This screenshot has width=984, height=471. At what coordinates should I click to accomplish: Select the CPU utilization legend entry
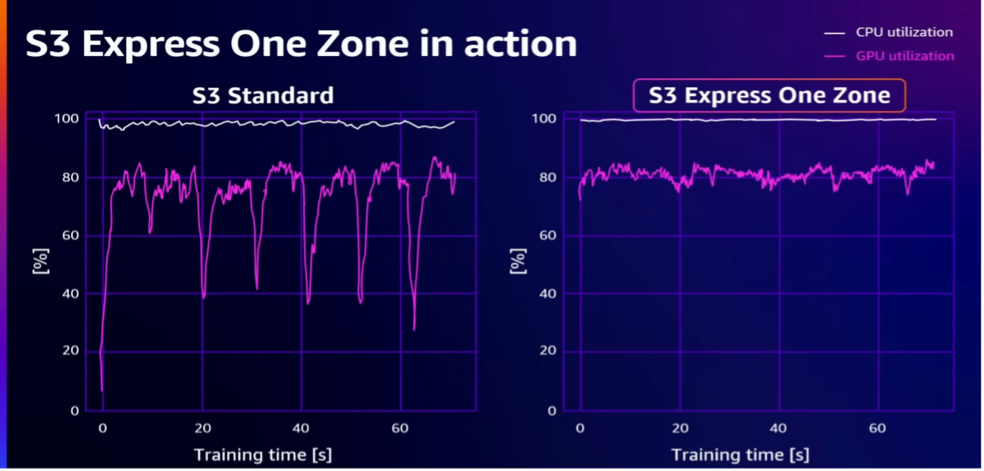click(x=888, y=32)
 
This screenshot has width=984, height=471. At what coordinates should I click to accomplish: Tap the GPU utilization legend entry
click(x=889, y=56)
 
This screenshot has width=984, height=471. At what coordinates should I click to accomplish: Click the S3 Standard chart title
click(x=263, y=95)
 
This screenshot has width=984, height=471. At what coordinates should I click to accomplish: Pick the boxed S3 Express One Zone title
click(x=769, y=95)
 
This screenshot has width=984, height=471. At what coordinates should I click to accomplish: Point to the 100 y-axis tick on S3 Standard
click(x=66, y=118)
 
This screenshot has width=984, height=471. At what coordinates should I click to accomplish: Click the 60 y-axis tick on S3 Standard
click(x=70, y=235)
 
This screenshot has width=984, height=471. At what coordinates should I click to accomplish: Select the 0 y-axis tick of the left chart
click(x=74, y=411)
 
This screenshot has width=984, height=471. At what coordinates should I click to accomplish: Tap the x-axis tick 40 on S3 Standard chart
click(x=301, y=428)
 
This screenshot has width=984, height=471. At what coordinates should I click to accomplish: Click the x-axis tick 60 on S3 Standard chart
click(x=400, y=428)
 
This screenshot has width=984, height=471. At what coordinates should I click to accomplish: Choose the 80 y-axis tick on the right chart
click(x=548, y=177)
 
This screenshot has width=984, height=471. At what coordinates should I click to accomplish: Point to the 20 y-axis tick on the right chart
click(x=548, y=350)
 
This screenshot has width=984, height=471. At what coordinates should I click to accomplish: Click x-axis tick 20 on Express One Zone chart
click(x=680, y=428)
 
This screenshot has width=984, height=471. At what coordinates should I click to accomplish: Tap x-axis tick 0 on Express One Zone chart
click(x=580, y=428)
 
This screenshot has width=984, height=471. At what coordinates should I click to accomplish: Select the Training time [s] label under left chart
click(x=263, y=455)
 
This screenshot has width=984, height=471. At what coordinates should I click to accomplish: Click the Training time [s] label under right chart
click(x=740, y=455)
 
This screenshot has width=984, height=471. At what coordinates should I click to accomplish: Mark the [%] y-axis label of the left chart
click(x=41, y=261)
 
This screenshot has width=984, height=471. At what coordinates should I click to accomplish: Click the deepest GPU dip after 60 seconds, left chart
click(x=414, y=329)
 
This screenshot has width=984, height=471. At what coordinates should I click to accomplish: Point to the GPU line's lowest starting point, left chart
click(x=102, y=390)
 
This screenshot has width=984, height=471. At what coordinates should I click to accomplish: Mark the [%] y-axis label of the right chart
click(x=518, y=261)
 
